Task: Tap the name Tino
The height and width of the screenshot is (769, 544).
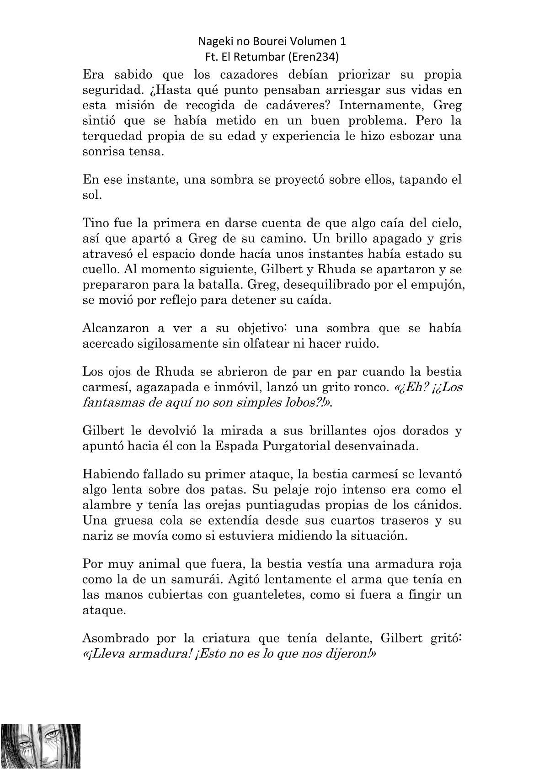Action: click(94, 223)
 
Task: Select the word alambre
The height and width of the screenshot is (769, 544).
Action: click(106, 505)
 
